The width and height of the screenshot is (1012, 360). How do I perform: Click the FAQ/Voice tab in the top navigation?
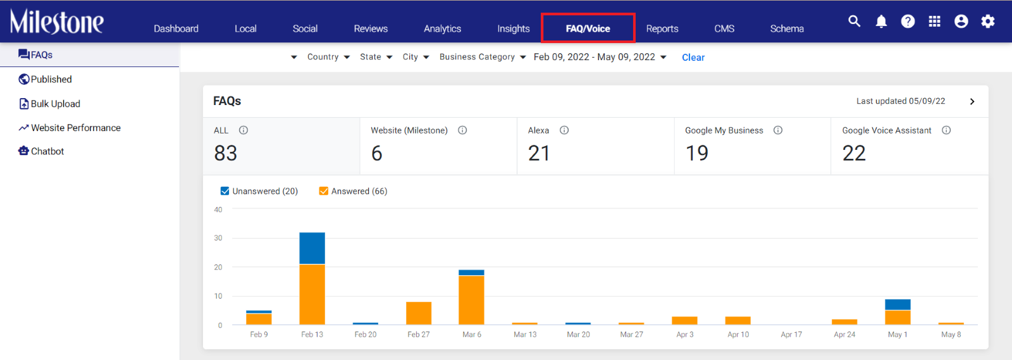[588, 28]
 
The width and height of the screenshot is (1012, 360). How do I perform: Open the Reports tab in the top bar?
[662, 28]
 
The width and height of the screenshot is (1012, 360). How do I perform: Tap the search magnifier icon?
[854, 21]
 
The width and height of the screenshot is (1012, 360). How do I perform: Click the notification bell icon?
[881, 22]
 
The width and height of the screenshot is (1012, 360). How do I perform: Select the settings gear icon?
[987, 22]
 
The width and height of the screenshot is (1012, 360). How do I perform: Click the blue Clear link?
[693, 58]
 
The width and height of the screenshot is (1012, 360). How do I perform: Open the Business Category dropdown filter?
[483, 57]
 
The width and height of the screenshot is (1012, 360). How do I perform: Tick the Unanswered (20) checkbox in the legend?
[225, 191]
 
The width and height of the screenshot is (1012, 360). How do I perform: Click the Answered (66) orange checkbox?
[323, 191]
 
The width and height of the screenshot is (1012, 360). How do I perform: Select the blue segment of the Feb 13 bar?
[312, 248]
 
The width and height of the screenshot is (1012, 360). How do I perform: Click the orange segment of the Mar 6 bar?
[471, 300]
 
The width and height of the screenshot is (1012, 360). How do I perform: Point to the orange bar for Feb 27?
[419, 313]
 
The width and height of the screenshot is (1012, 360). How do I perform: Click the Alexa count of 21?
[539, 153]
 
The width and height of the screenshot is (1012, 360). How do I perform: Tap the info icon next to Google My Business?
[778, 130]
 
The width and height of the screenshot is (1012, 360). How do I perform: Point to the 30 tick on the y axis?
[218, 238]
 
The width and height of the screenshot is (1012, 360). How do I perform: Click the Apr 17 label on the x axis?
[791, 335]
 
